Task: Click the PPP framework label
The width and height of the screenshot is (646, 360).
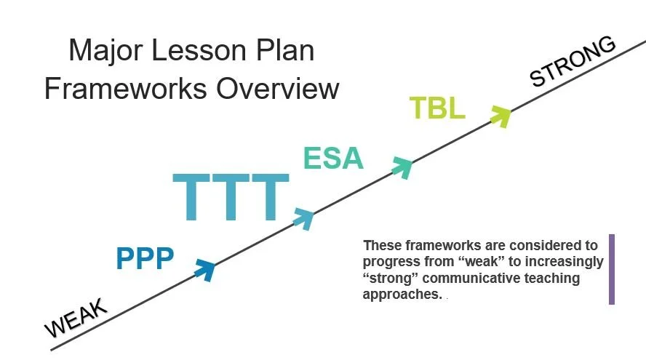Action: [x=145, y=258]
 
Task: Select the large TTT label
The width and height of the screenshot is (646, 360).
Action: [x=231, y=198]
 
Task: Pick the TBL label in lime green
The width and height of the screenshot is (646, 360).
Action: [x=436, y=108]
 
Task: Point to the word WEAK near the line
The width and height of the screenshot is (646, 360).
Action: [x=76, y=318]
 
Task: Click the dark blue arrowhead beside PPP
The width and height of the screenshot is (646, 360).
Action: [x=204, y=269]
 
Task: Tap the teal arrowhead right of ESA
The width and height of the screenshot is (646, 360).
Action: [x=402, y=167]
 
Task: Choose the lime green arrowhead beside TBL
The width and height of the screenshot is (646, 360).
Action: [x=500, y=115]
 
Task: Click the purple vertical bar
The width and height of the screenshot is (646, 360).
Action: [x=612, y=269]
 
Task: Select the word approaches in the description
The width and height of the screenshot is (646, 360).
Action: [x=401, y=295]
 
